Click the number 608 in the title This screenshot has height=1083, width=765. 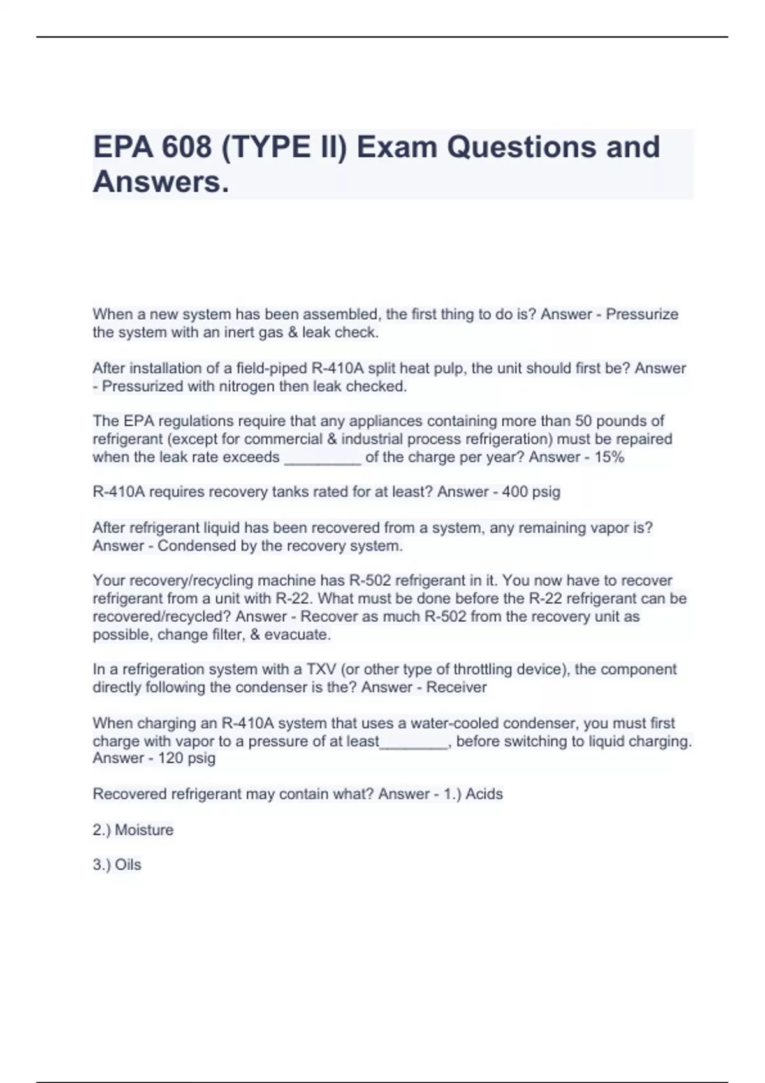(x=186, y=147)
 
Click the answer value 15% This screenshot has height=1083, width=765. (x=609, y=457)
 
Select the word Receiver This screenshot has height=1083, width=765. (x=456, y=687)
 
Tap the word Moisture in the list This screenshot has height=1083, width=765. (x=144, y=830)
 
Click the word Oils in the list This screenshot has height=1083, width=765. (x=128, y=865)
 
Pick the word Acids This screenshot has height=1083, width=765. (x=484, y=794)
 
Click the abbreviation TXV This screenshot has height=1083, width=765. (x=321, y=670)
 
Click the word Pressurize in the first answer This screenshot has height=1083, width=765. (x=642, y=314)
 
